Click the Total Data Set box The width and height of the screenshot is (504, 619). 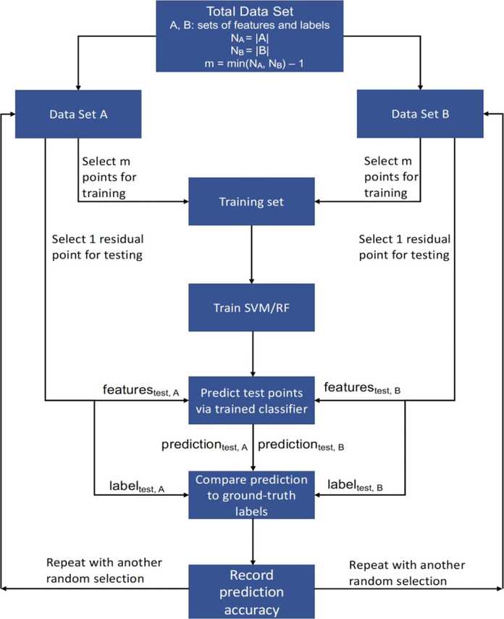point(250,36)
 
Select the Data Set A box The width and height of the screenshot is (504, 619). point(78,114)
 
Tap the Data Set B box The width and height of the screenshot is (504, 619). point(420,114)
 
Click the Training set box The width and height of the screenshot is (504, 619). point(251,202)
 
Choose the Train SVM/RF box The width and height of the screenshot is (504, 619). point(251,307)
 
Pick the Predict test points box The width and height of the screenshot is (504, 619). point(251,400)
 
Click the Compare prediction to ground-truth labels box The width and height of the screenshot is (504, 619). point(251,494)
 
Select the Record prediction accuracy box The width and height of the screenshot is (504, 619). point(251,591)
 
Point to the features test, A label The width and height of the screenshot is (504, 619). point(140,390)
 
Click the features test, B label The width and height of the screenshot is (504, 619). point(362,388)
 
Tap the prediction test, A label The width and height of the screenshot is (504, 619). point(204,445)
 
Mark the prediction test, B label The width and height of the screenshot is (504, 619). point(301,445)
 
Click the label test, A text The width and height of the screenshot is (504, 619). point(137,486)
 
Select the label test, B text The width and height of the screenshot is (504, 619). point(355,485)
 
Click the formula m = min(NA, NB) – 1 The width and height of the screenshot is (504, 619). point(254,64)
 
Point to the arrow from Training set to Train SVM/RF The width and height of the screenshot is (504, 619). point(251,254)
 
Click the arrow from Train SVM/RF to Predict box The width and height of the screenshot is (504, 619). point(253,354)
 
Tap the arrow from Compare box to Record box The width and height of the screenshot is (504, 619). point(253,541)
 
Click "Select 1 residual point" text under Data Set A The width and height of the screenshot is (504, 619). point(98,246)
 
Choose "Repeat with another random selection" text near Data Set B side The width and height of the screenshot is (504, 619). point(406,573)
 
